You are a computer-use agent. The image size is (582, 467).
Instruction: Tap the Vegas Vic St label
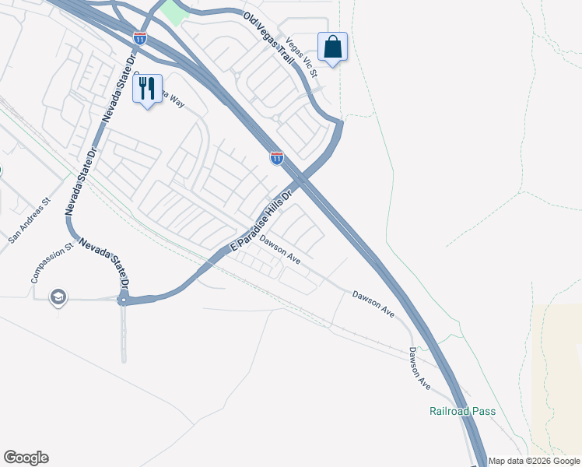pos(302,57)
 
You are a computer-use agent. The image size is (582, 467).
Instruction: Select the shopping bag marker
pos(332,47)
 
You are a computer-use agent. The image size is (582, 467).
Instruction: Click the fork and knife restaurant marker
pos(147,90)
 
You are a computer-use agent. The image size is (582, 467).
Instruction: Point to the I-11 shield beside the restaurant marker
pos(139,37)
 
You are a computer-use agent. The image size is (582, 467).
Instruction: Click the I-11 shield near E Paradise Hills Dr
pos(277,158)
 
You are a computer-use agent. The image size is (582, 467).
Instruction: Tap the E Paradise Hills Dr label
pos(260,221)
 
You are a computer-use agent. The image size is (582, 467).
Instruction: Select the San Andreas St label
pos(30,220)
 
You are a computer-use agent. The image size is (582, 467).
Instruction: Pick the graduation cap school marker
pos(58,297)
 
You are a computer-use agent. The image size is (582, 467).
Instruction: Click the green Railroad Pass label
pos(462,411)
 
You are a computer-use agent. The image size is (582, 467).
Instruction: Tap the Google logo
pos(26,458)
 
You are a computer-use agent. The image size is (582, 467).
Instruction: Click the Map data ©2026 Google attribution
pos(534,461)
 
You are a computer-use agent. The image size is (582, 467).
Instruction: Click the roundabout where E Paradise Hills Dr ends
pos(123,300)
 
